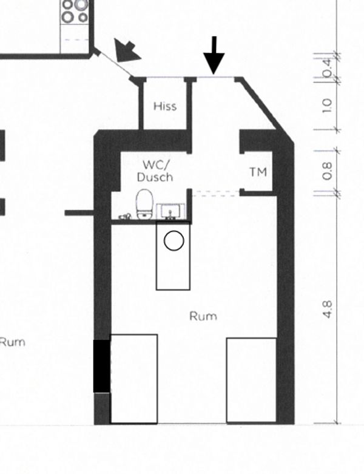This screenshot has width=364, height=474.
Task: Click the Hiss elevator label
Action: coord(165,106)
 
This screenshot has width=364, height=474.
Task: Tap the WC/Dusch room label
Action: coord(155,171)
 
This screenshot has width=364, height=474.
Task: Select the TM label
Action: coord(258,172)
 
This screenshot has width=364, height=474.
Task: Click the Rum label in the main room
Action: coord(203,316)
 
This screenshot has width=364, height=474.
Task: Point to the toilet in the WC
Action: coord(144,203)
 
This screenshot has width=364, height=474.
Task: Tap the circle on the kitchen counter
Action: coord(174,241)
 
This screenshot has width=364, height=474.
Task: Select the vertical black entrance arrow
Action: coord(214,56)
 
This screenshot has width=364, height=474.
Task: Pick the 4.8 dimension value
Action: coord(328,309)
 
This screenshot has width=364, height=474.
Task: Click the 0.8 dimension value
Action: coord(328,171)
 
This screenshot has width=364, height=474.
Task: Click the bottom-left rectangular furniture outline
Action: coord(133,378)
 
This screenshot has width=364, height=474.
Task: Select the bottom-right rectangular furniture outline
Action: coord(251,380)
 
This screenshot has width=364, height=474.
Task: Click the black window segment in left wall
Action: coord(101,365)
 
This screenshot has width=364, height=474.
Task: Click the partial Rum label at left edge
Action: coord(12,342)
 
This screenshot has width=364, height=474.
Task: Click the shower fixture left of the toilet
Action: coord(126,215)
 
